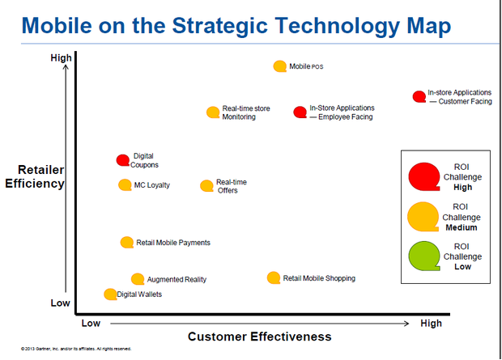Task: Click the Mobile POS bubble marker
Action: click(x=279, y=66)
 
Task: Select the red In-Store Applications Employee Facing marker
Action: click(x=300, y=112)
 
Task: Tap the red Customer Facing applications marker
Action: click(x=419, y=97)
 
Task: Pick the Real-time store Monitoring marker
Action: click(x=213, y=112)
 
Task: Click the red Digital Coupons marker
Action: click(x=122, y=160)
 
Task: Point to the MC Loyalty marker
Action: click(x=125, y=185)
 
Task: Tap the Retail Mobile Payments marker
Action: click(x=126, y=242)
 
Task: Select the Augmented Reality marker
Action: click(x=138, y=279)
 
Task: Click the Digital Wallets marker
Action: click(x=110, y=294)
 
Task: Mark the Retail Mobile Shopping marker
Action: click(x=274, y=277)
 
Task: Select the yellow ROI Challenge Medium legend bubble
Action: click(x=423, y=216)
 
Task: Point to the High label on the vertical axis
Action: click(x=61, y=57)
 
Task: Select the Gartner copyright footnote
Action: click(x=76, y=349)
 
